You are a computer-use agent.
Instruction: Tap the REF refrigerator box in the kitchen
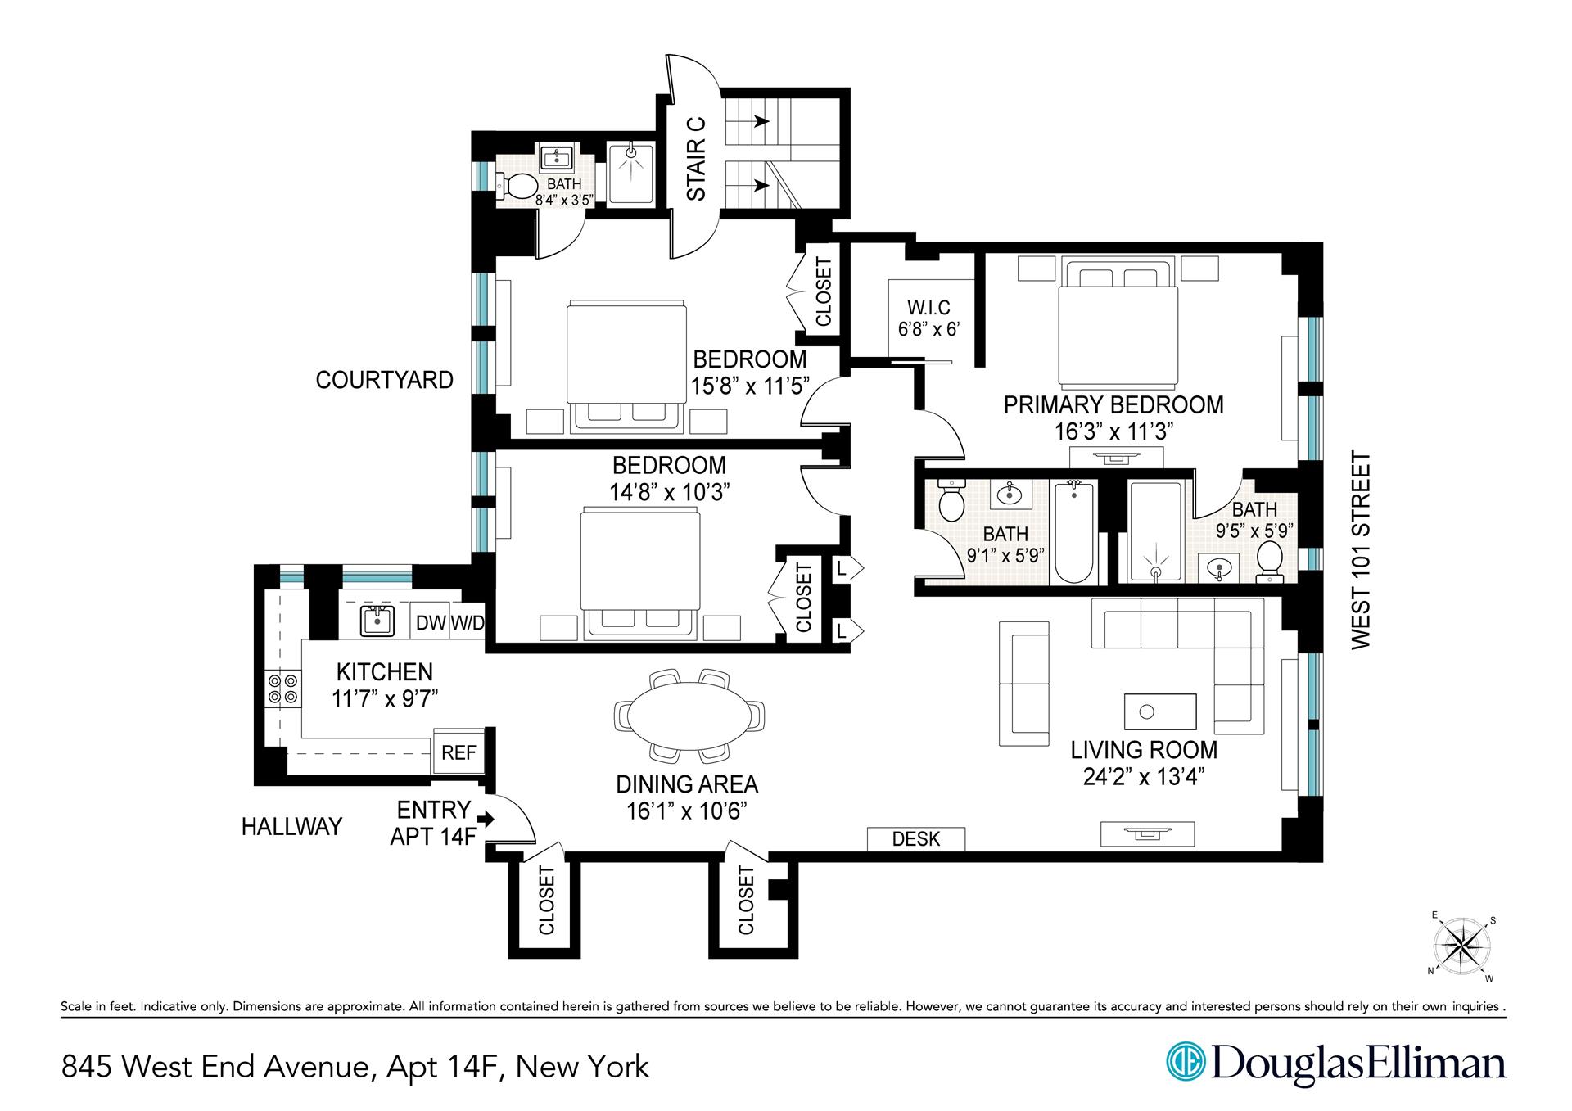pos(458,752)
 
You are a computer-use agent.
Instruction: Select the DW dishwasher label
pos(431,623)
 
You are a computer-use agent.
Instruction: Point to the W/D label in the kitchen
pos(467,623)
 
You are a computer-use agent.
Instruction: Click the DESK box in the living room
pos(916,839)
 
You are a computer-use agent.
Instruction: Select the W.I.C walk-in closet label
pos(928,308)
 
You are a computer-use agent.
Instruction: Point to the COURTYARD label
pos(385,380)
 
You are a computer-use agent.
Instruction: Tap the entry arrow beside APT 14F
pos(486,818)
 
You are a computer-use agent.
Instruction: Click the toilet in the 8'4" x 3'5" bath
pos(516,186)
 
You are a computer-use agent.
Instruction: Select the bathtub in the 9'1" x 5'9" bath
pos(1074,532)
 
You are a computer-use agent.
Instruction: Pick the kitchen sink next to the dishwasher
pos(377,621)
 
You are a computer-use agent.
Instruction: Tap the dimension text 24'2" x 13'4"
pos(1144,776)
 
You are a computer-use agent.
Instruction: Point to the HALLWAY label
pos(291,827)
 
